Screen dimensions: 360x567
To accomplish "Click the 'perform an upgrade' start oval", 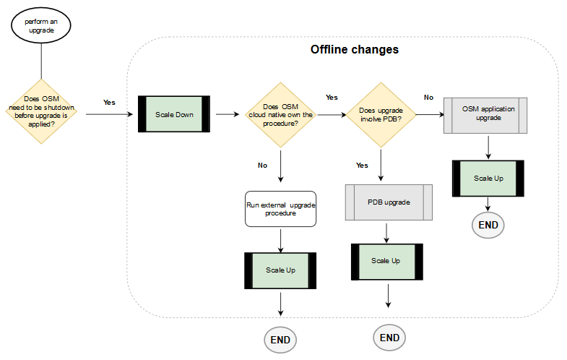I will (42, 26).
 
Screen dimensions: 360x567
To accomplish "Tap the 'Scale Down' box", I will (173, 114).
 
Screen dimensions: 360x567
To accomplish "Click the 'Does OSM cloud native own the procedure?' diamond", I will (280, 114).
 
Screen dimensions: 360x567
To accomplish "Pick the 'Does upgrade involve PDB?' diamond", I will (380, 114).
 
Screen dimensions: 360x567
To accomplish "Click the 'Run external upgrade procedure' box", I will (280, 209).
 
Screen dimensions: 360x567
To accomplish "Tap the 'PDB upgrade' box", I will (389, 202).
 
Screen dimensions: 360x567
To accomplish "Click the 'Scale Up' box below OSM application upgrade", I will (488, 178).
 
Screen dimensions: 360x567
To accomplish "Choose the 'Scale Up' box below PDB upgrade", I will (386, 261).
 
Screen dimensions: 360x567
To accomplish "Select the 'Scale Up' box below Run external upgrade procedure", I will (280, 270).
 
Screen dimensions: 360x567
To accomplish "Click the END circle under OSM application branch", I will (488, 225).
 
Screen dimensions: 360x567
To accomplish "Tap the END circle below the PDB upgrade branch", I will (389, 337).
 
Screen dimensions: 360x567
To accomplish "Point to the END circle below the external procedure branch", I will (280, 340).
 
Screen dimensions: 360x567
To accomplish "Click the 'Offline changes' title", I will (354, 50).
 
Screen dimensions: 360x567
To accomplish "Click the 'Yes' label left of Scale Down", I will (109, 103).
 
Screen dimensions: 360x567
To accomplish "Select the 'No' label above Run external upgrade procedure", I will (262, 166).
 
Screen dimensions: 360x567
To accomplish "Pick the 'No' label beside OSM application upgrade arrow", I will (428, 97).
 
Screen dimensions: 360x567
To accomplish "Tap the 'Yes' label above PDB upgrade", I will (362, 166).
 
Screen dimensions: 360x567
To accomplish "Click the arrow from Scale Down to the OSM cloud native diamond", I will (227, 114).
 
